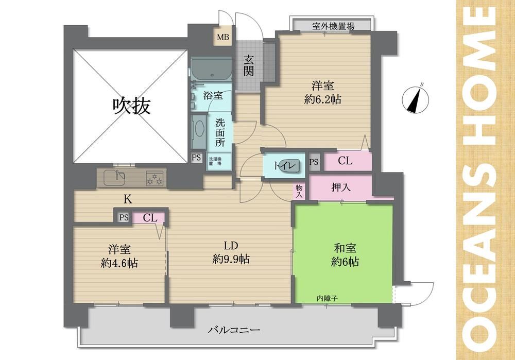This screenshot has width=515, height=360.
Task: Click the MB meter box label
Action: pyautogui.click(x=222, y=37)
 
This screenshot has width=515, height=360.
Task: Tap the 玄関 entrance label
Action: pyautogui.click(x=249, y=66)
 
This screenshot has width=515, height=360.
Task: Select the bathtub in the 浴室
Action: pyautogui.click(x=211, y=70)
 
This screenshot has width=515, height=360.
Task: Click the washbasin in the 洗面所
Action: pyautogui.click(x=199, y=131)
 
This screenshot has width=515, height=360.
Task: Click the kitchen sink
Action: pyautogui.click(x=114, y=178)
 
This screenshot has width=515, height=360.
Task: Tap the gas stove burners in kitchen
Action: pyautogui.click(x=154, y=178)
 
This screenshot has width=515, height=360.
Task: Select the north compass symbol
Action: pyautogui.click(x=416, y=99)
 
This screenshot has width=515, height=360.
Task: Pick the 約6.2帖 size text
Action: pyautogui.click(x=322, y=99)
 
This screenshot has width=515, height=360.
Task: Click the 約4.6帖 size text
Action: pyautogui.click(x=119, y=263)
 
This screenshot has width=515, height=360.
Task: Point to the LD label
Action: pyautogui.click(x=231, y=245)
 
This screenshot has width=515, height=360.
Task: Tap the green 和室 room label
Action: pyautogui.click(x=345, y=248)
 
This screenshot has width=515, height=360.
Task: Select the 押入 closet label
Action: pyautogui.click(x=341, y=187)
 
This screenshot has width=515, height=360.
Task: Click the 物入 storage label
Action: pyautogui.click(x=299, y=191)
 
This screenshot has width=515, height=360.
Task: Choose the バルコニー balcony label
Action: pyautogui.click(x=234, y=330)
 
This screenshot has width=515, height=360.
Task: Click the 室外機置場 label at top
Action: pyautogui.click(x=333, y=26)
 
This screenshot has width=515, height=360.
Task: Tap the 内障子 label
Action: pyautogui.click(x=327, y=298)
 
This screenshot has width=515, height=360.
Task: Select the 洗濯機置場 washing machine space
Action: pyautogui.click(x=219, y=161)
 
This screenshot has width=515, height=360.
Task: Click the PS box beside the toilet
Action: pyautogui.click(x=314, y=162)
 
